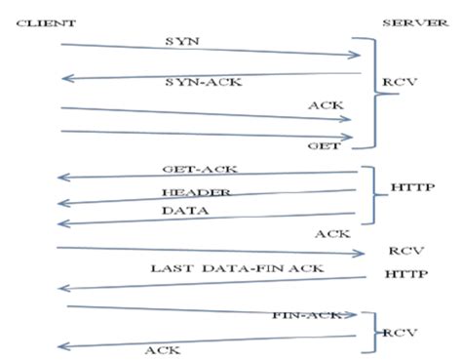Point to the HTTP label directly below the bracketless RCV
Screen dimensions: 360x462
tap(406, 275)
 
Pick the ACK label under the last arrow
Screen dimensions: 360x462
tap(160, 349)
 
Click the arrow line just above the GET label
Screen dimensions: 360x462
tap(205, 133)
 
